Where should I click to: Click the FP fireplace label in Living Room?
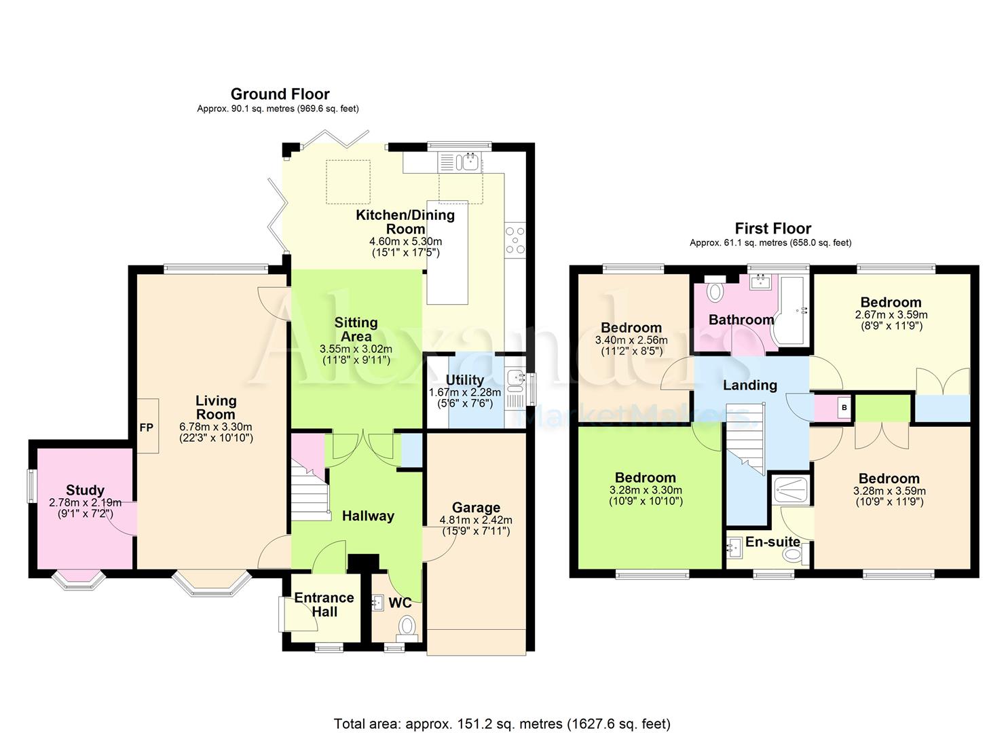146,428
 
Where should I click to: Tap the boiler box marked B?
844,408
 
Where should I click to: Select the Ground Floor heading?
280,94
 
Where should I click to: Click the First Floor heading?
772,229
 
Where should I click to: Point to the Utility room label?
465,380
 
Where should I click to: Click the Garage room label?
476,508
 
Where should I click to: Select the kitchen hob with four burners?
515,240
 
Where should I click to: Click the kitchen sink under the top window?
460,162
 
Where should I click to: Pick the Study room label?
86,490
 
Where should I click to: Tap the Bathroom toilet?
715,291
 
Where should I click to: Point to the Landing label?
749,386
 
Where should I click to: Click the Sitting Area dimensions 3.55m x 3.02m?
356,349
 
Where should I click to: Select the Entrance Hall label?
324,605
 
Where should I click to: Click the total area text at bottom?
502,723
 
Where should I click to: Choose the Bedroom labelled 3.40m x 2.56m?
631,328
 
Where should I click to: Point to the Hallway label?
368,516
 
